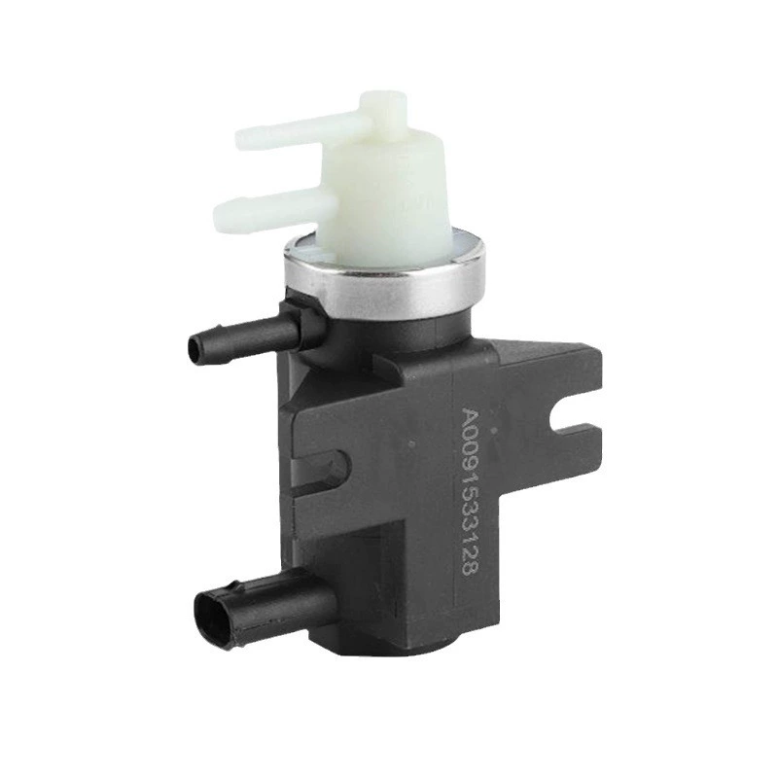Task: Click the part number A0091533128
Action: [x=470, y=491]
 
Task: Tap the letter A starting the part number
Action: [x=471, y=416]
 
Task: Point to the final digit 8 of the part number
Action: [x=470, y=568]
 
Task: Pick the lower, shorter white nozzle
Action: [x=273, y=211]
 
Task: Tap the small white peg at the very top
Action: [x=383, y=106]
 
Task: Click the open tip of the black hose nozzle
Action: [x=195, y=349]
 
